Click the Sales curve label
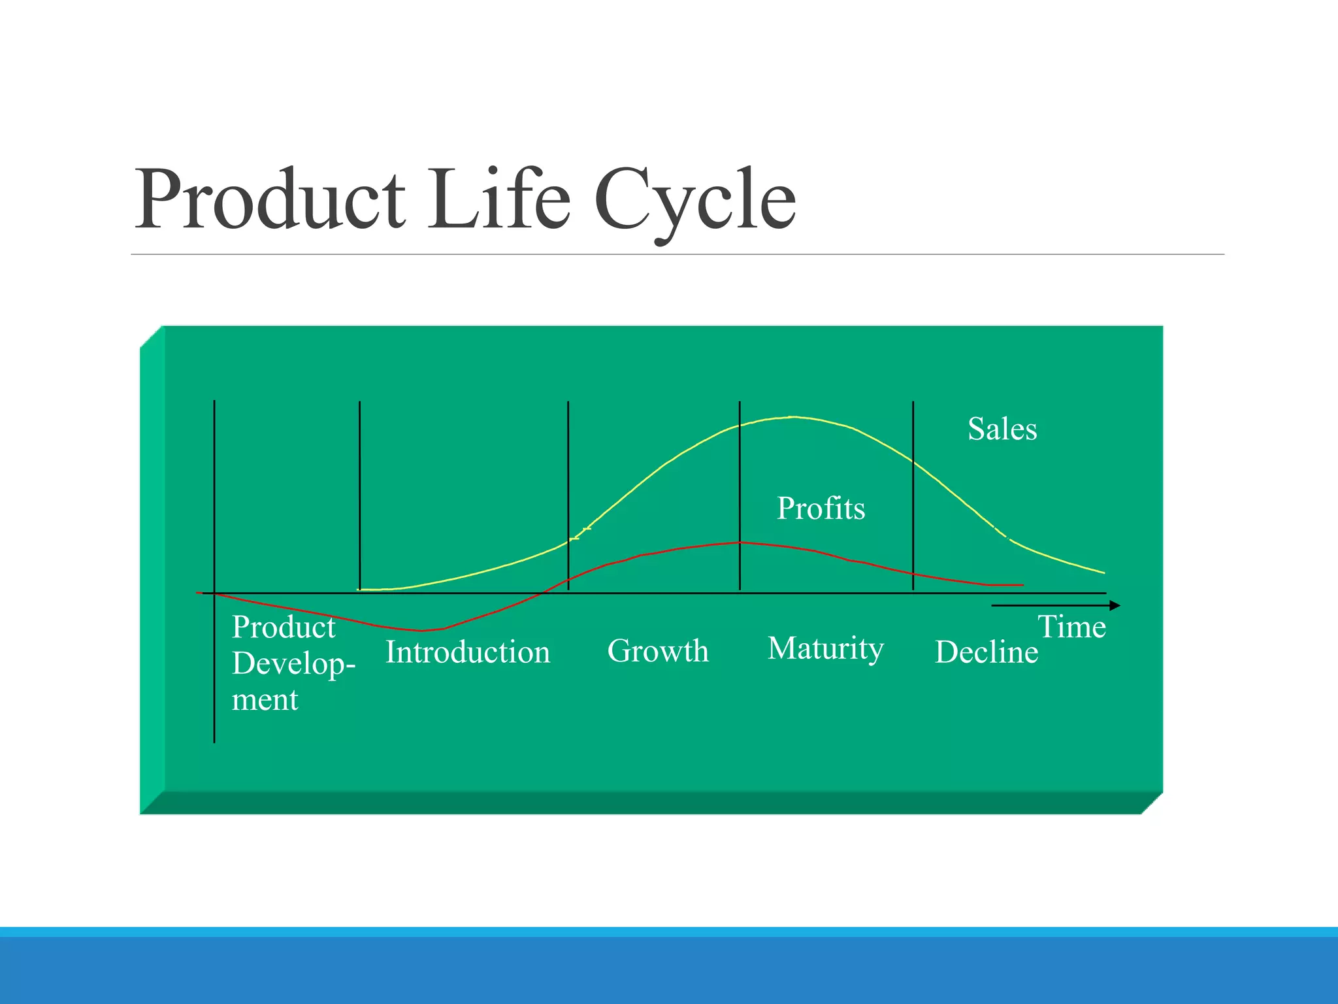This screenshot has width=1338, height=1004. click(x=1002, y=429)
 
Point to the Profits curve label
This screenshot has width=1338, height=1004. click(x=821, y=509)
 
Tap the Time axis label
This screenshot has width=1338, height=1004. click(x=1071, y=627)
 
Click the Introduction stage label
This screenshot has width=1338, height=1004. click(x=467, y=652)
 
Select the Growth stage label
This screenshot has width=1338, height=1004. click(x=657, y=651)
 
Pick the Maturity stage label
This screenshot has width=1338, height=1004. click(x=825, y=649)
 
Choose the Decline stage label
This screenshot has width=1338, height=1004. click(x=986, y=652)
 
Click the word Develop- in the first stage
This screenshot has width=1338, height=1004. click(x=293, y=664)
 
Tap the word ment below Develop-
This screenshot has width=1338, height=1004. click(x=265, y=700)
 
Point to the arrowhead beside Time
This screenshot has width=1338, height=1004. click(x=1115, y=606)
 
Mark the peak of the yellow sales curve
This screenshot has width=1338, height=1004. click(x=792, y=417)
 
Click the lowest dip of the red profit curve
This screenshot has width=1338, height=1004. click(x=421, y=631)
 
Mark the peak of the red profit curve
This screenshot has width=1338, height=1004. click(x=740, y=543)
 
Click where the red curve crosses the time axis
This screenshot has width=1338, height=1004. click(x=541, y=593)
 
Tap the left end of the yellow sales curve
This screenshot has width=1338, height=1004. click(x=359, y=590)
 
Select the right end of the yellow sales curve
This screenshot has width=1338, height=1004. click(x=1103, y=573)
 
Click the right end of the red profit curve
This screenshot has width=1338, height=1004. click(x=1022, y=585)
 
